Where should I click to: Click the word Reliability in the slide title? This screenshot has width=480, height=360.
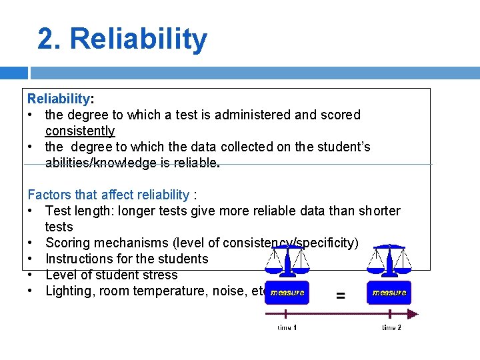pos(139,39)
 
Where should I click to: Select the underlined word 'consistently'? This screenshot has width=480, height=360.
pos(80,131)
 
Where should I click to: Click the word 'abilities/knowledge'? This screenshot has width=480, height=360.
pos(103,163)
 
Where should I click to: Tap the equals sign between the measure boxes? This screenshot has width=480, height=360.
pos(340,295)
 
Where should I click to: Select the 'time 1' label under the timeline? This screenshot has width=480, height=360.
pos(287,327)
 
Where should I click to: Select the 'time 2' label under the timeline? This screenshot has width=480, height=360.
pos(391,327)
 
